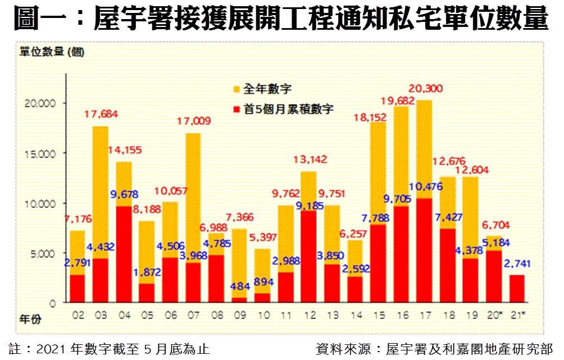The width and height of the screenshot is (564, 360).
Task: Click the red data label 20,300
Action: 425,88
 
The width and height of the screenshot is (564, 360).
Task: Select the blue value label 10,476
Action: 425,188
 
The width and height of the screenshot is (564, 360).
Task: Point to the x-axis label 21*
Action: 518,316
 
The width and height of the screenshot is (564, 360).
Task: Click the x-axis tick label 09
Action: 239,316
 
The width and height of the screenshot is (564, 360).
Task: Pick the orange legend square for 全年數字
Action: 236,89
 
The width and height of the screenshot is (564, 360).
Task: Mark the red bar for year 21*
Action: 517,289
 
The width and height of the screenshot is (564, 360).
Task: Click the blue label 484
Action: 240,285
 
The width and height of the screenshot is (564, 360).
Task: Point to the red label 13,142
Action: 309,160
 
